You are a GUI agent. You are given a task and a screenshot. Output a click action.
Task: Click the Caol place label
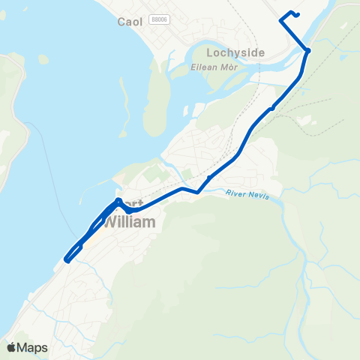point(130,22)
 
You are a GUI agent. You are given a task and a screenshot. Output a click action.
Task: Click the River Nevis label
point(246,194)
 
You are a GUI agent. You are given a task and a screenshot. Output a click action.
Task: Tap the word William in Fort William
point(128,223)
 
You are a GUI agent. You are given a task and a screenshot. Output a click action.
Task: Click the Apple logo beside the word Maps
point(12,347)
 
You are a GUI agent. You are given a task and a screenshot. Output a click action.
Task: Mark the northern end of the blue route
point(298,14)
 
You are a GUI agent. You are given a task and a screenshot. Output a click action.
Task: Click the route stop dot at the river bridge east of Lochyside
point(307,50)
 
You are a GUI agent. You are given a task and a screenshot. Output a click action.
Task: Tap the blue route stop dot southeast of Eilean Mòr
point(272,108)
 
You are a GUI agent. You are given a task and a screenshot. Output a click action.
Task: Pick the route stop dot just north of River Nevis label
point(208,178)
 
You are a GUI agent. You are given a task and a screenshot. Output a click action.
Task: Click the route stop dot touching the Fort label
point(119,200)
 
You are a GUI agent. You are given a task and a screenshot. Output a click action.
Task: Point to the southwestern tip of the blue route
point(67,260)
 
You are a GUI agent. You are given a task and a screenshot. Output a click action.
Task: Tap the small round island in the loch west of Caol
point(44,58)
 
